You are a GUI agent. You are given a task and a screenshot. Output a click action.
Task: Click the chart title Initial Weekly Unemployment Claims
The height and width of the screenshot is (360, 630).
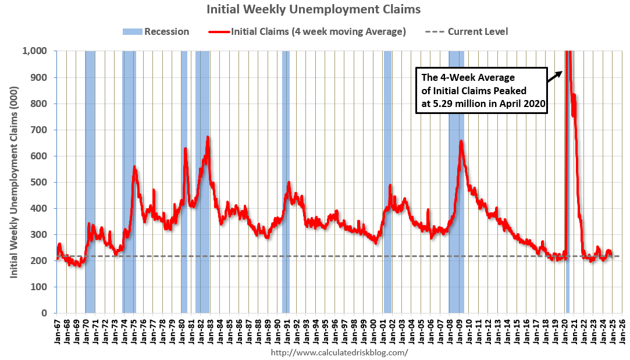[314, 9]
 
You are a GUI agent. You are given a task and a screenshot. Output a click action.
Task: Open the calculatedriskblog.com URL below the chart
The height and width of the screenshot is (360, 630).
[340, 352]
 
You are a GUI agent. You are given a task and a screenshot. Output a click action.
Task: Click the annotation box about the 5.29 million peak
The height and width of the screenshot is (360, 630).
[482, 91]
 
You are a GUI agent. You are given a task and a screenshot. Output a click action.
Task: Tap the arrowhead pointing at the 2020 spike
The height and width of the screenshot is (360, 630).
[560, 72]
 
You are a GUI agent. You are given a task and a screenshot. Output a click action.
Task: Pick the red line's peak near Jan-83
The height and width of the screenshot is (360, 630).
[208, 137]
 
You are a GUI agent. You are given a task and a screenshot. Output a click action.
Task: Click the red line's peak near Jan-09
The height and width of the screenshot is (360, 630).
[461, 141]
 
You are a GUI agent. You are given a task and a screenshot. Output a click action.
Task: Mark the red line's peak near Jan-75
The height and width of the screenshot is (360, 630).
[134, 167]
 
